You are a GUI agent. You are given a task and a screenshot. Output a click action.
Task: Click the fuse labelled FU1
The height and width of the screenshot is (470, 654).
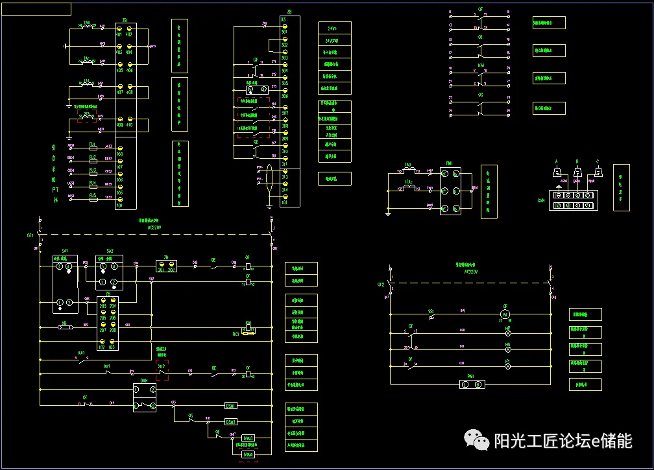pos(93,147)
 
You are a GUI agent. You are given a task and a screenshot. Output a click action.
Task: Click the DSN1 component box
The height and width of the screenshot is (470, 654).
pos(230,405)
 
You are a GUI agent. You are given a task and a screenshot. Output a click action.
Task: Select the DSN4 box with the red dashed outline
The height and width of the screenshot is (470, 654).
pos(248,455)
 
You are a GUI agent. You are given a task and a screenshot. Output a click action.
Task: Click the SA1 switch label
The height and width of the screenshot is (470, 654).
pos(65,250)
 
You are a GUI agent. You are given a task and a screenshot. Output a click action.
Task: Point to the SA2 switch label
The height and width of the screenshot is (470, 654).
pos(110,250)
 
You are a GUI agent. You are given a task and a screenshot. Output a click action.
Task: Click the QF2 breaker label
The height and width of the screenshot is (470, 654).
pos(381,285)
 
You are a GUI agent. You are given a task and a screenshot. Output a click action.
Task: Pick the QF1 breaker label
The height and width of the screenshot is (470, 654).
pos(30,236)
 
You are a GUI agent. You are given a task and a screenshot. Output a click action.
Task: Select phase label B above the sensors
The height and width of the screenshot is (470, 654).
pos(577,161)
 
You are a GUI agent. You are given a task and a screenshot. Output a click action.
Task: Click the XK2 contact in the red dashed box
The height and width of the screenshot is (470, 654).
pos(162,367)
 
